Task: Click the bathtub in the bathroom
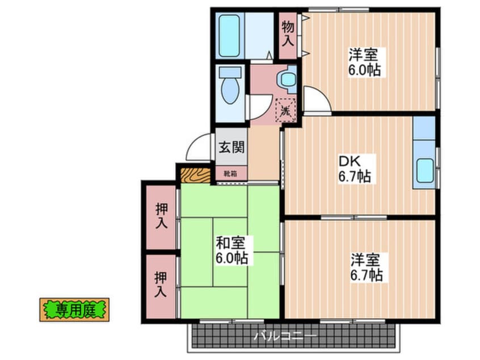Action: (230, 35)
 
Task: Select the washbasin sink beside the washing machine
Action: (289, 78)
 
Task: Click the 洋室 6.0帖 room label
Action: (364, 62)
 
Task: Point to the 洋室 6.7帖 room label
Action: (366, 268)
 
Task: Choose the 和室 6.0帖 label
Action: (231, 250)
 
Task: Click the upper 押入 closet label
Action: (161, 216)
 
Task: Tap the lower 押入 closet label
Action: (161, 285)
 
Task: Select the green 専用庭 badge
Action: (74, 310)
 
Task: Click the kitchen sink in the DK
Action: (424, 170)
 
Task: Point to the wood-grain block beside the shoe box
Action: (195, 173)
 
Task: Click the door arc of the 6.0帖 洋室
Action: (317, 101)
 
